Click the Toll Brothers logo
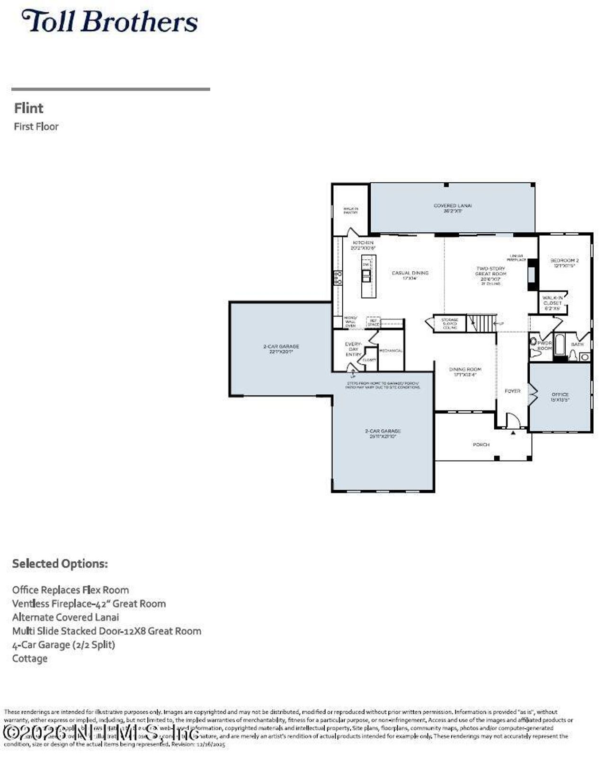point(109,22)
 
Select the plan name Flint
point(28,108)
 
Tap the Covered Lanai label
point(453,208)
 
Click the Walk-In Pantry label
point(350,211)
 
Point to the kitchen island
point(368,276)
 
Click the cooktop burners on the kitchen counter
point(338,278)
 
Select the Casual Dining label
point(410,275)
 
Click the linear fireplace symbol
point(532,275)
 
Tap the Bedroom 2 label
point(564,263)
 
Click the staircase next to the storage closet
point(482,324)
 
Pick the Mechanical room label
point(391,351)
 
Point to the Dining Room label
point(465,371)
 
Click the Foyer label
point(512,391)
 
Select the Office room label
point(560,397)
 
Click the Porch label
point(481,445)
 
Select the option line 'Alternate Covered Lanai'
point(65,618)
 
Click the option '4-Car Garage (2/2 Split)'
point(63,645)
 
